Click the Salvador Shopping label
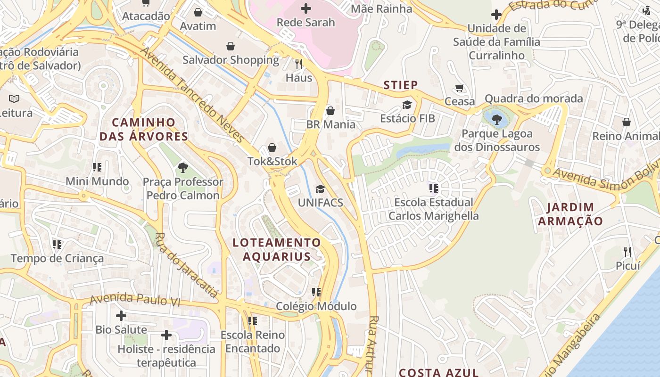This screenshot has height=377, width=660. click(x=231, y=60)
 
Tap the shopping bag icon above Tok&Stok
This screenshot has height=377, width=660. click(x=272, y=148)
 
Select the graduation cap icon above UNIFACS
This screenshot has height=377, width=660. click(x=321, y=189)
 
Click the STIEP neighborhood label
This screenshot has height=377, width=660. click(x=401, y=85)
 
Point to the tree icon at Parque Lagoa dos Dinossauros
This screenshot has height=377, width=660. click(x=496, y=119)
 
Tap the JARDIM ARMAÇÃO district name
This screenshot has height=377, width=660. click(x=570, y=214)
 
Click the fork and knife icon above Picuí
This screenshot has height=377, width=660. click(x=627, y=252)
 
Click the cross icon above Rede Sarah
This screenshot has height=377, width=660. click(x=306, y=8)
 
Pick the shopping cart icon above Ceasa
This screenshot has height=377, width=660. click(x=460, y=88)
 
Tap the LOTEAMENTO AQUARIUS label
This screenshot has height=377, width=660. click(x=277, y=250)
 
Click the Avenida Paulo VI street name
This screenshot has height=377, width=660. click(x=135, y=299)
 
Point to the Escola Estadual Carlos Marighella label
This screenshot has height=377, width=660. click(x=433, y=209)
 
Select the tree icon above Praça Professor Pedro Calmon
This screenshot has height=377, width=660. click(x=182, y=167)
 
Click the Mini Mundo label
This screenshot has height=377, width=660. click(x=97, y=181)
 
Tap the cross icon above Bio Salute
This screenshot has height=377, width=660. click(x=121, y=315)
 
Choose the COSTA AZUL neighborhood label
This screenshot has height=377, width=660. click(x=439, y=372)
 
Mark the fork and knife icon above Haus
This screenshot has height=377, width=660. click(x=299, y=63)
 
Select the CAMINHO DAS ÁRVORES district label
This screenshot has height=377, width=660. click(x=144, y=130)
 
